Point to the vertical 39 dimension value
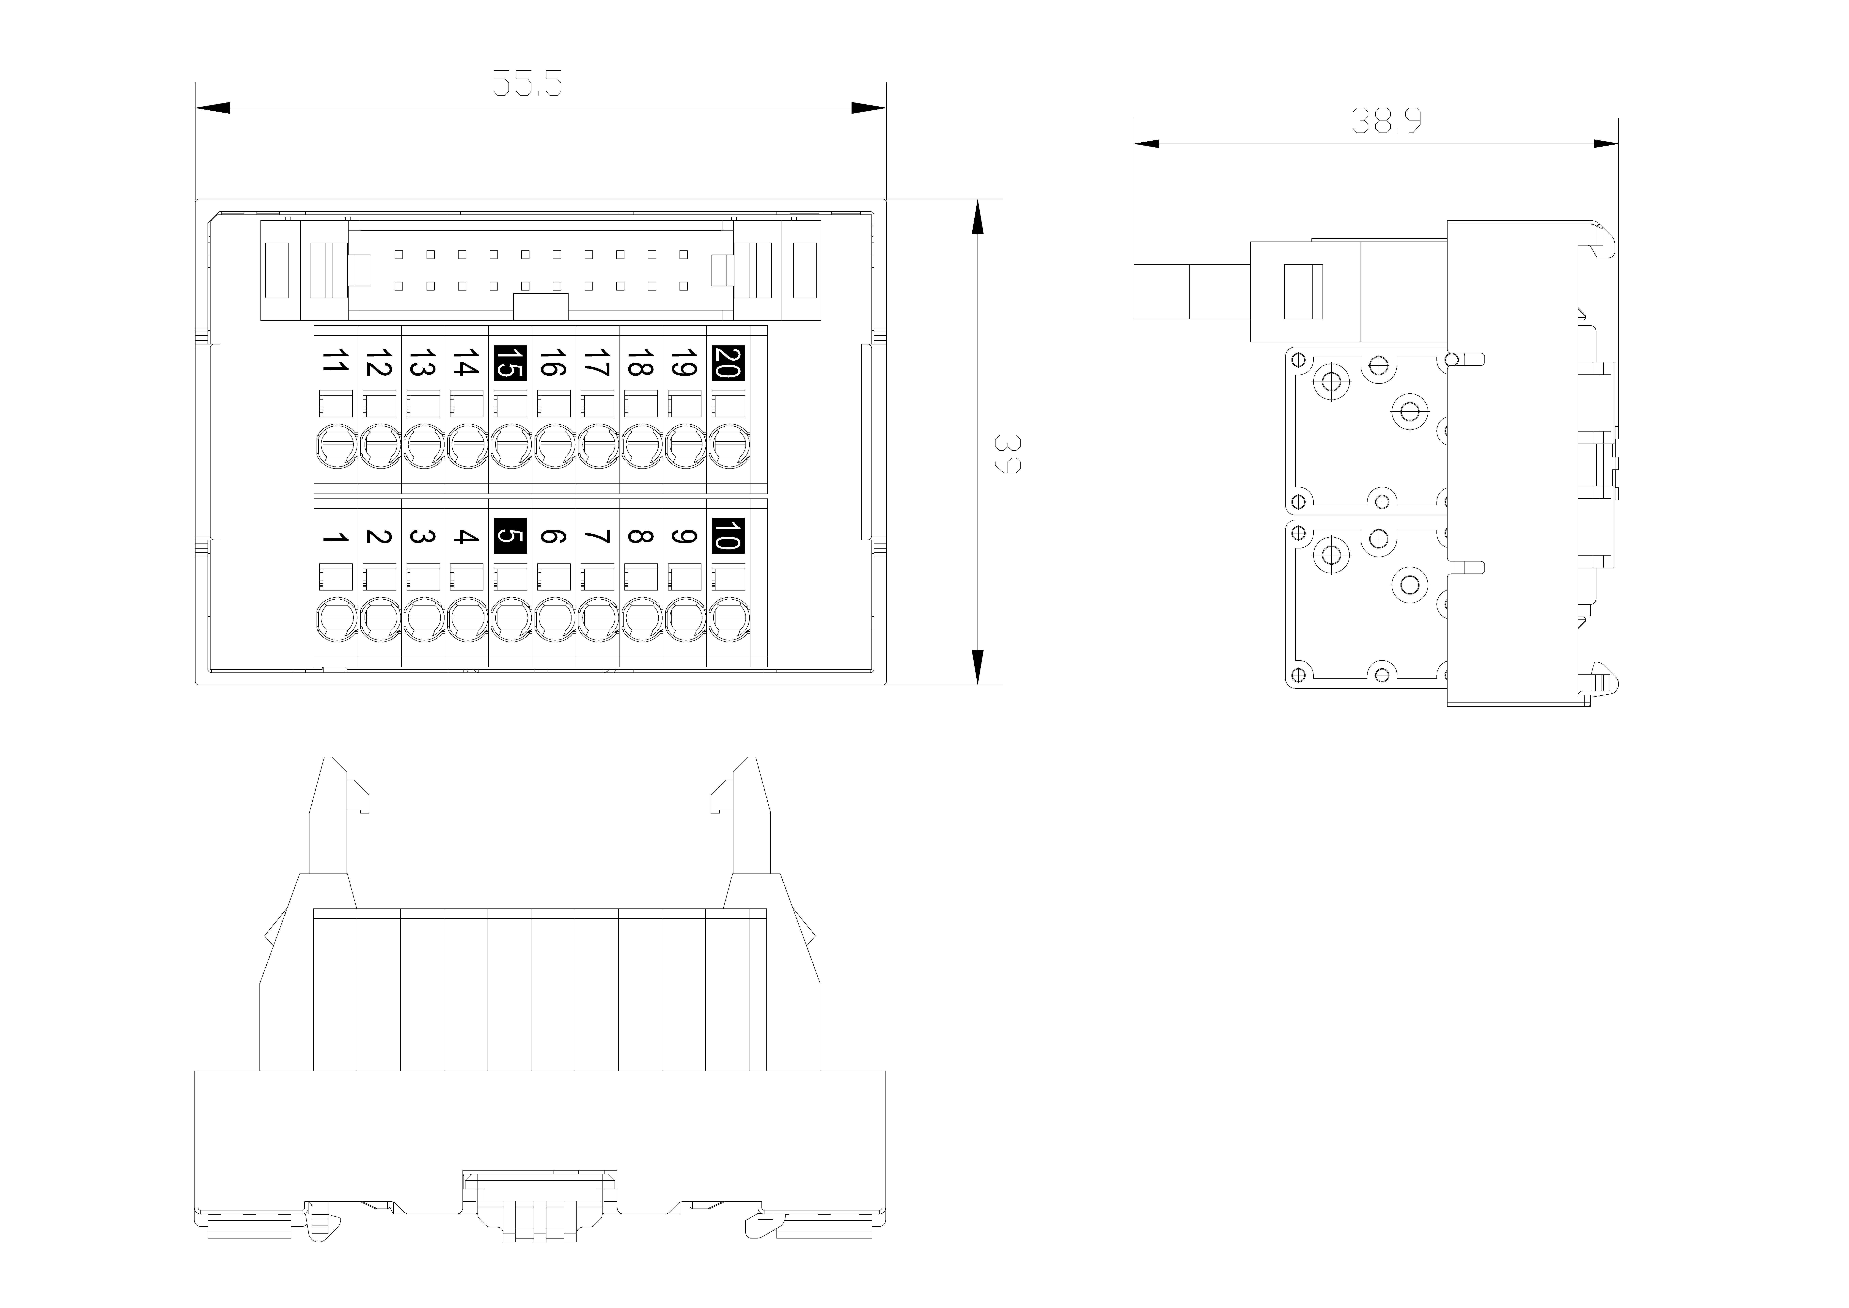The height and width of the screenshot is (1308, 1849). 1008,454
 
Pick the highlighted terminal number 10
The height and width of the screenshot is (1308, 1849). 728,536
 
